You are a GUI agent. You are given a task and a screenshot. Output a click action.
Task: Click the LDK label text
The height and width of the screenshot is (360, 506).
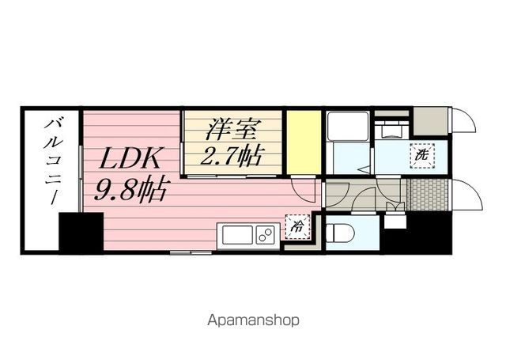(x=130, y=157)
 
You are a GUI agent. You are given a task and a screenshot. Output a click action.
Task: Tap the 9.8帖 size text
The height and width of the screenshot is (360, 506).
(x=132, y=190)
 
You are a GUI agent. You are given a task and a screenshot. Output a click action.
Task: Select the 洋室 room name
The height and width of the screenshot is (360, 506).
(x=233, y=127)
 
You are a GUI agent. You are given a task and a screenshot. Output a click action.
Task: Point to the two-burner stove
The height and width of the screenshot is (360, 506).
(x=265, y=235)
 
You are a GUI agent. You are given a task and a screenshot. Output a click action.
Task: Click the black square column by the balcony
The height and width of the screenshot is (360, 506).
(x=81, y=233)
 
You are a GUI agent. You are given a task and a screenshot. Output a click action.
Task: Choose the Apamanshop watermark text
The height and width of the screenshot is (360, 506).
(x=253, y=321)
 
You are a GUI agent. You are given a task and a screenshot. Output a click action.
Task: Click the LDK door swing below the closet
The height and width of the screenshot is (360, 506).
(x=304, y=189)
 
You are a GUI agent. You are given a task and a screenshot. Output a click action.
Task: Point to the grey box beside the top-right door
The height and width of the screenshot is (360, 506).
(x=431, y=119)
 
